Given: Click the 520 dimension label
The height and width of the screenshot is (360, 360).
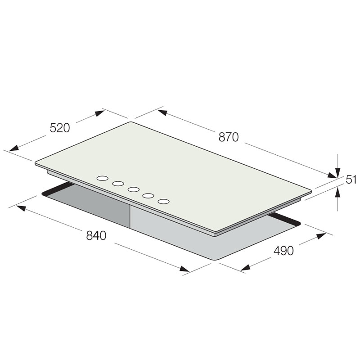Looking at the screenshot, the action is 59,128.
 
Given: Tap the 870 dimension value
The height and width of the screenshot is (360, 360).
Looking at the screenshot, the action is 229,137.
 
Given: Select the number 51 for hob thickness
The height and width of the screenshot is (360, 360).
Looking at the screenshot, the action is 351,180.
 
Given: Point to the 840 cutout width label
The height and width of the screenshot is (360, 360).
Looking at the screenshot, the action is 96,235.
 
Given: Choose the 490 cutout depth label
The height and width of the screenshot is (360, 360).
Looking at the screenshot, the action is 283,251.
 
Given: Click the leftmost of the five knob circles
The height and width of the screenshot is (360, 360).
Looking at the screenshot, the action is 103,178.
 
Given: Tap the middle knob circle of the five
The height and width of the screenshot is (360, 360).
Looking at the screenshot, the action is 134,189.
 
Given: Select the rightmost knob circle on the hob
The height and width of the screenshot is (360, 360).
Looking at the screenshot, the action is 164,202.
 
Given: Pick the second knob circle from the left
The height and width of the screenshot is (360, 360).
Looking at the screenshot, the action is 118,184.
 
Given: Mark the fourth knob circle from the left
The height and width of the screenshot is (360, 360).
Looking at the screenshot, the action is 148,196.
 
